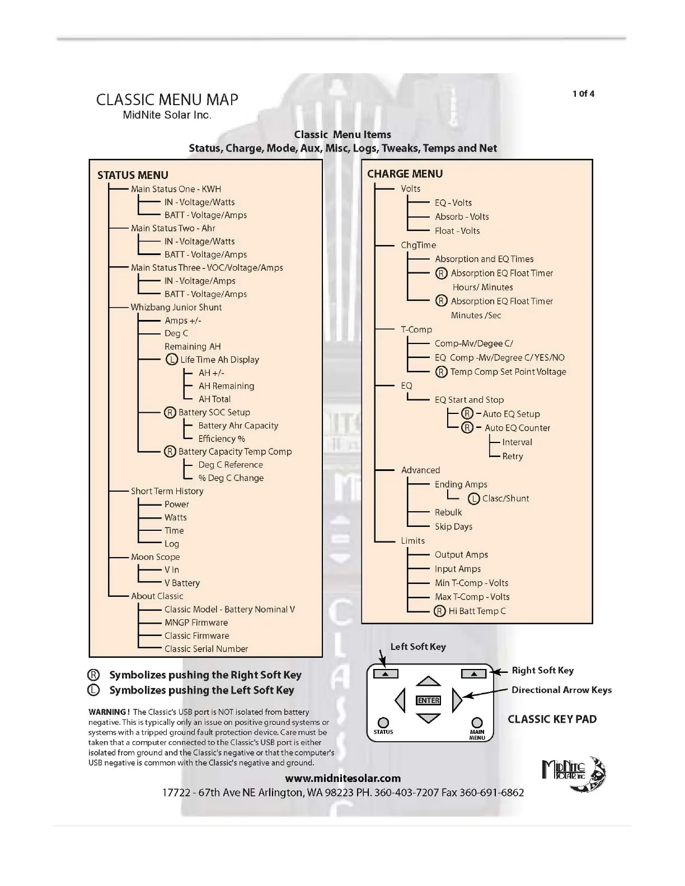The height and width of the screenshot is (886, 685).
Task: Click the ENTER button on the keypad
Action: (429, 700)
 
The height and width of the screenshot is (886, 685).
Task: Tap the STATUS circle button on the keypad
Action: (383, 723)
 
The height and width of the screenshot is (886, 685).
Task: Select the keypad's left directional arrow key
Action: (400, 700)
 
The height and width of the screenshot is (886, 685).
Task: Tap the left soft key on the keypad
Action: (386, 674)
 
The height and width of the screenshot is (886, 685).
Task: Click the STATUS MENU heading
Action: (133, 175)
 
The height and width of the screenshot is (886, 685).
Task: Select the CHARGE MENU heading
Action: (405, 174)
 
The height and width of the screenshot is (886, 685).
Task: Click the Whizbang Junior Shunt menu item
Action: (176, 307)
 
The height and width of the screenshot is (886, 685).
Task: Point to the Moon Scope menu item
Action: (156, 557)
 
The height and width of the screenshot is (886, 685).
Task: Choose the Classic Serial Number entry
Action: (206, 649)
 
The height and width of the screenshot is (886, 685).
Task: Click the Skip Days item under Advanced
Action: (453, 526)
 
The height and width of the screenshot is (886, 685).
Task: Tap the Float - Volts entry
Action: (457, 230)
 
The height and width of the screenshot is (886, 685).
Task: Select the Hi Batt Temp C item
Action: (477, 611)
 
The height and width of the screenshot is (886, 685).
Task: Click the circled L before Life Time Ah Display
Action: (172, 360)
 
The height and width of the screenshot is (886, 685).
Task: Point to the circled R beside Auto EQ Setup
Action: (467, 413)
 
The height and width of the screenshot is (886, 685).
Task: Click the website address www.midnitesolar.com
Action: (343, 778)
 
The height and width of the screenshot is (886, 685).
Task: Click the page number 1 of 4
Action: (583, 93)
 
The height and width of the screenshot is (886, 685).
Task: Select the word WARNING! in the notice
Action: (109, 712)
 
